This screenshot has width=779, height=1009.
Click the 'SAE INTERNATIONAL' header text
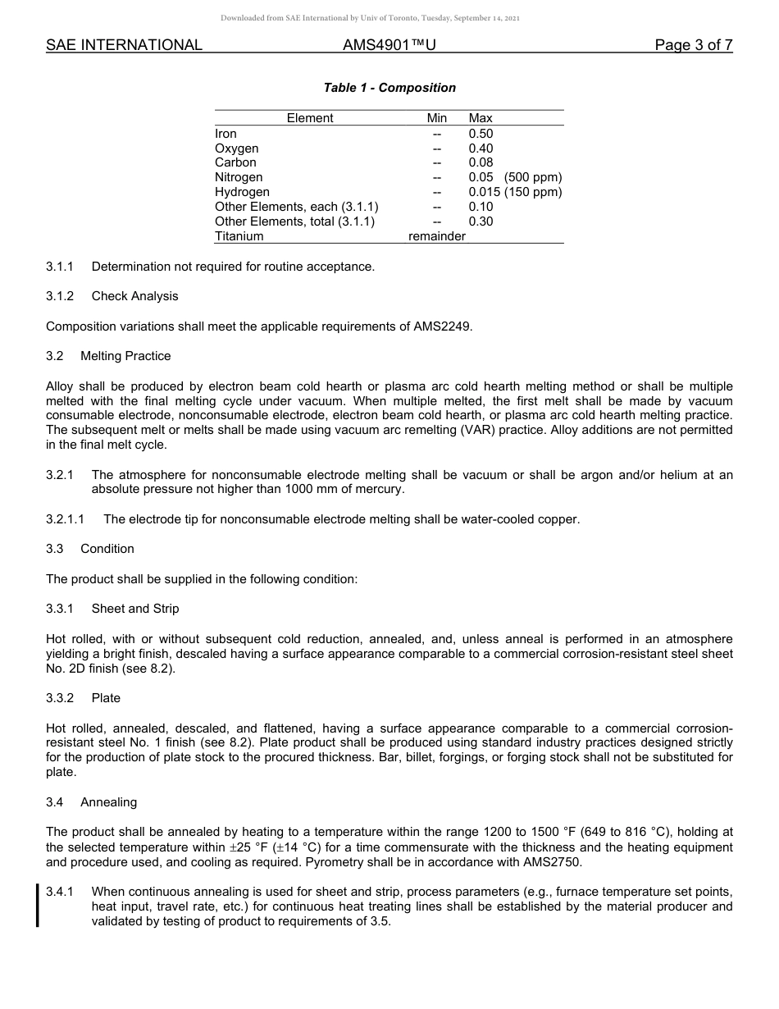[124, 45]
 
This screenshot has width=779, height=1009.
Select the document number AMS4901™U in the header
[389, 45]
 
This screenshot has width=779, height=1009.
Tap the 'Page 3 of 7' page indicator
[693, 45]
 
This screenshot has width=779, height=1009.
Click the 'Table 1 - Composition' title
[389, 88]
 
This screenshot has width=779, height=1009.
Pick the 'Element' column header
[310, 118]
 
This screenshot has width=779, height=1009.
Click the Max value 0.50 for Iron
[481, 134]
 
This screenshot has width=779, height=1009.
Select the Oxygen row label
[236, 148]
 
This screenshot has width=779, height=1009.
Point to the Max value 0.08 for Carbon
[481, 162]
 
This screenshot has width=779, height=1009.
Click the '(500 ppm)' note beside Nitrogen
[533, 177]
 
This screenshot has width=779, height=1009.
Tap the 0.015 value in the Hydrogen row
[484, 192]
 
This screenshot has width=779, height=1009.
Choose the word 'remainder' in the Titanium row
[437, 236]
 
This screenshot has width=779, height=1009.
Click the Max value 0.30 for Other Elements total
[481, 221]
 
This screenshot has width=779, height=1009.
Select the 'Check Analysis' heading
[134, 296]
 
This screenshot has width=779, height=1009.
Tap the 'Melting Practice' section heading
[125, 356]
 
